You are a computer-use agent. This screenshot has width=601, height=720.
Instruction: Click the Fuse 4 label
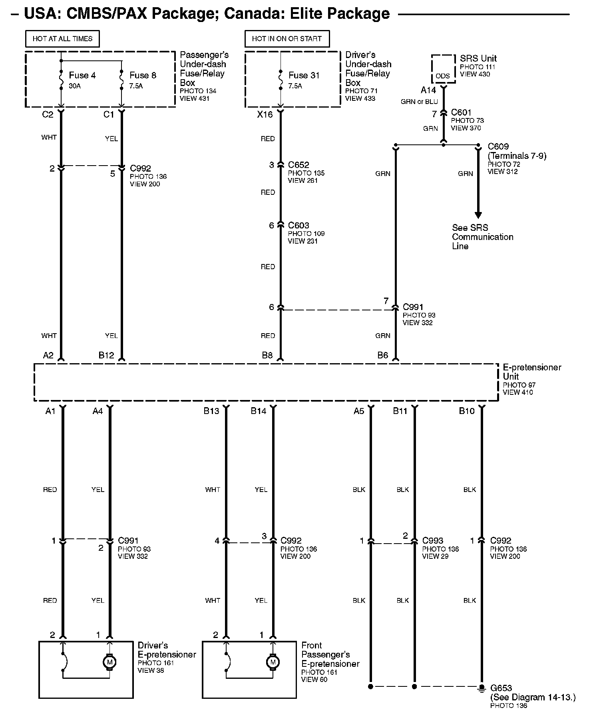point(82,75)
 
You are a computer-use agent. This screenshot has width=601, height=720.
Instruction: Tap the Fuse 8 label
point(143,75)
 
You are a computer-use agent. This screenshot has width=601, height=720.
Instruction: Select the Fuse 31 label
point(304,75)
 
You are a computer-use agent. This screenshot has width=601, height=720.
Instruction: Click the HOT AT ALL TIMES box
point(62,39)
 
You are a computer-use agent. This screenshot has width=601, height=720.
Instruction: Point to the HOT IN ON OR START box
point(287,39)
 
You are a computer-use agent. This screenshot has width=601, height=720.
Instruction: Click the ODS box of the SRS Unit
point(443,75)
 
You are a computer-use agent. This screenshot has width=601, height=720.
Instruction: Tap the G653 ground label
point(501,688)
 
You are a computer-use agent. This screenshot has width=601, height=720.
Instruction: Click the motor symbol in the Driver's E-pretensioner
point(109,662)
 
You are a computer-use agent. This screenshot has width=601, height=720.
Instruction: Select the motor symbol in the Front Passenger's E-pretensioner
point(273,662)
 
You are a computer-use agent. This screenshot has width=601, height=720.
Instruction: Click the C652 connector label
point(299,165)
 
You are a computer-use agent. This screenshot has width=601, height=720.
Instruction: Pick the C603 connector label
point(299,226)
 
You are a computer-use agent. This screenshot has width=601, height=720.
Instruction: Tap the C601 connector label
point(461,113)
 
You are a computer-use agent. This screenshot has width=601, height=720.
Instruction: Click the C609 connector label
point(498,146)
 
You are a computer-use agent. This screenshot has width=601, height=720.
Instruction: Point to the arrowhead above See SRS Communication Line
point(478,215)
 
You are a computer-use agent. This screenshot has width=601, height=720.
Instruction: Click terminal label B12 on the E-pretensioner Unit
point(106,355)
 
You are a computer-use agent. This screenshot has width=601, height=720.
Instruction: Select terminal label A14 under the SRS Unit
point(428,90)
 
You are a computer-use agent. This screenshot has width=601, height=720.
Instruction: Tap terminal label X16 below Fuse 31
point(265,114)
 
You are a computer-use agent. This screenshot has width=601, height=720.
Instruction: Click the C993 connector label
point(433,541)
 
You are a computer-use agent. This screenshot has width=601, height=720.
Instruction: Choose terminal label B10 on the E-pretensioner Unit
point(466,411)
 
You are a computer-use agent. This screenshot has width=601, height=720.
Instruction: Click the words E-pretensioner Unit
point(531,372)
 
